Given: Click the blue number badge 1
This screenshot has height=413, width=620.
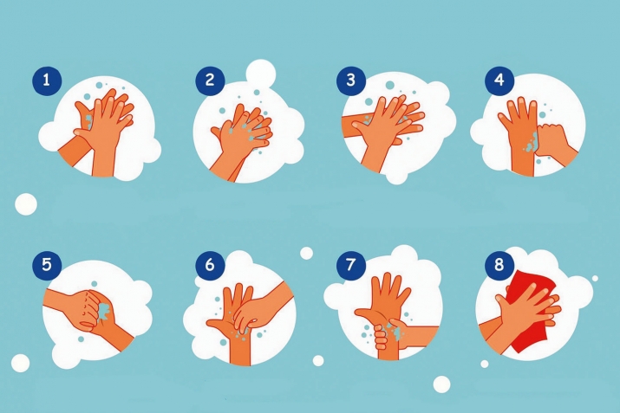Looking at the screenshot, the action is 47,81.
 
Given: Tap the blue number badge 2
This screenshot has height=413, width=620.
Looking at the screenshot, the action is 210,81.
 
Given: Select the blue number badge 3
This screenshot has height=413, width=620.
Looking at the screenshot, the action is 351,81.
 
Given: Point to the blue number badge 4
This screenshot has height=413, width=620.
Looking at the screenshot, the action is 499,81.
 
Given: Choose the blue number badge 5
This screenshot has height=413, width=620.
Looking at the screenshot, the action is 47,265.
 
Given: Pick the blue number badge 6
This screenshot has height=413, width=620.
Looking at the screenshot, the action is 210,265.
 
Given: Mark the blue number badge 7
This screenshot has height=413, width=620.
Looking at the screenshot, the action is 351,265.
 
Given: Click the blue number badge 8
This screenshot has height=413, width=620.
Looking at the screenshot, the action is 499,265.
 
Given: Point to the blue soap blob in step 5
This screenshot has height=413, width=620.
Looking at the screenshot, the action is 104,310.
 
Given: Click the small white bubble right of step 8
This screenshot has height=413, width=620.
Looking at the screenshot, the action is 595,278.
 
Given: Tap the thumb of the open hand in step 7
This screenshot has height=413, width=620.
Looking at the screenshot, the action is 366,314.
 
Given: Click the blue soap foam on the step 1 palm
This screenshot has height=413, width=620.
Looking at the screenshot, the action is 88,120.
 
